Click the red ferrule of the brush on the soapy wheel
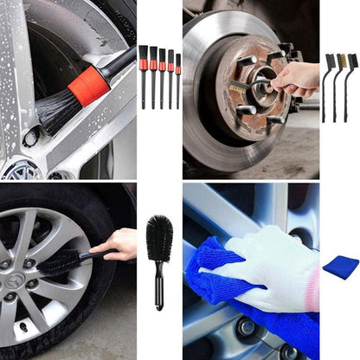point(89,85)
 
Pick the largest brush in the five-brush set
point(143,74)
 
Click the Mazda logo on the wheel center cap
point(15,282)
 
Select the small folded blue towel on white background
point(341,266)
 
